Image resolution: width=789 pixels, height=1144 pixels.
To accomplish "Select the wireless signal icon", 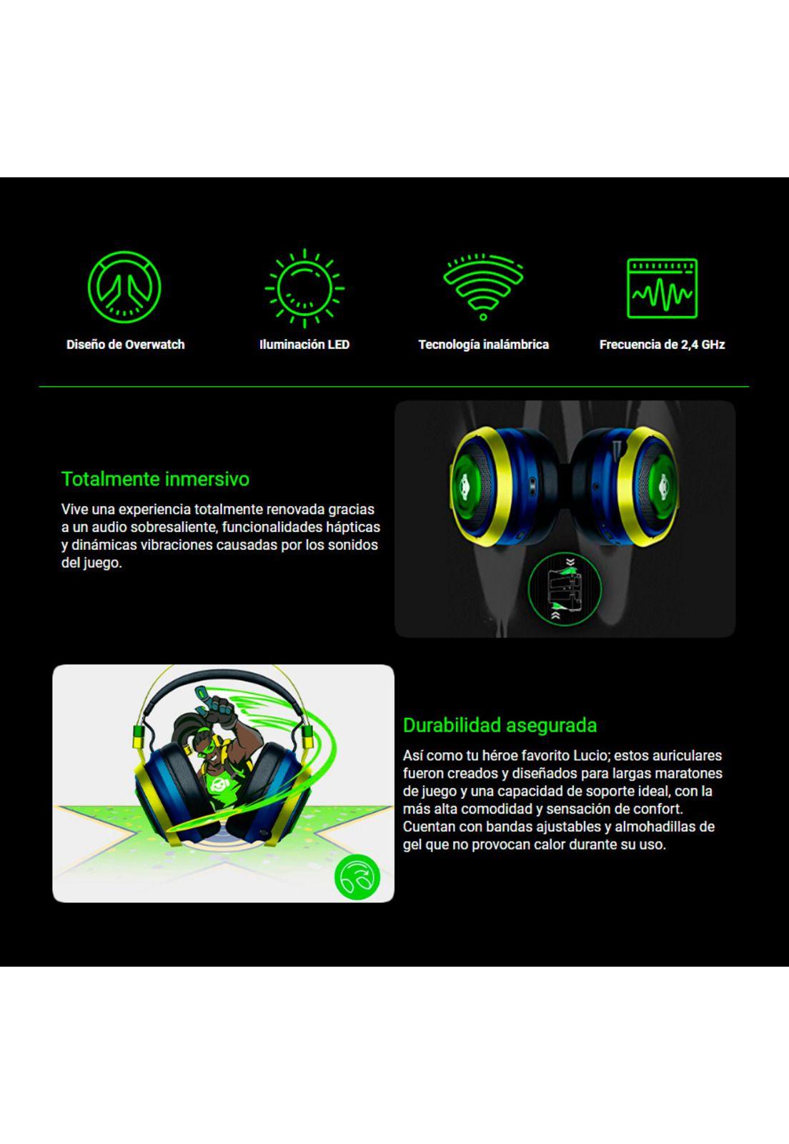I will tap(483, 285).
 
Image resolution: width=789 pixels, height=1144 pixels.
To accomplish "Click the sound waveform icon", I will tap(662, 288).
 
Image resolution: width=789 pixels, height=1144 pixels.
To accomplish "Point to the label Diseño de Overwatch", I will tap(126, 345).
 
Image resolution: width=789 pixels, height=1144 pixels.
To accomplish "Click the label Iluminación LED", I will tap(304, 345).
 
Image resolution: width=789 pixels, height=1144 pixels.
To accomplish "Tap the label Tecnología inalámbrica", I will tap(483, 345).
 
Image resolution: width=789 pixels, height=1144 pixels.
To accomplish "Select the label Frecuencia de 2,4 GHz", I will tap(662, 345).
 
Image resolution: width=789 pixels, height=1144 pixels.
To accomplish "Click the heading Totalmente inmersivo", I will tap(155, 479).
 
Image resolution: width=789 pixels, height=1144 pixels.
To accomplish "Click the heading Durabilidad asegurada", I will tap(500, 725).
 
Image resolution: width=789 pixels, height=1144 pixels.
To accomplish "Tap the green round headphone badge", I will tap(357, 877).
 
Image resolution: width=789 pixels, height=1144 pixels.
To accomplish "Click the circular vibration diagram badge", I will tap(564, 588).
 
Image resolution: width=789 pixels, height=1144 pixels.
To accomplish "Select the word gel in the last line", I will tap(413, 844).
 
